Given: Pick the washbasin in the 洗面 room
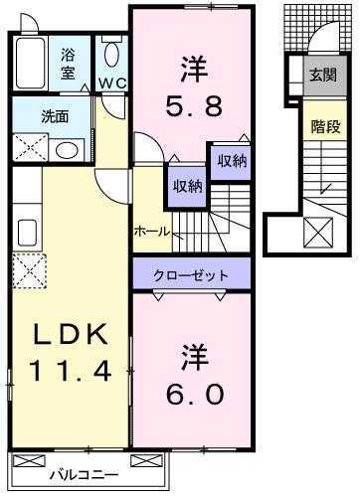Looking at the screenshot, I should (x=68, y=151).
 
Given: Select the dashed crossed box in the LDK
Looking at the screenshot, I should (x=27, y=269).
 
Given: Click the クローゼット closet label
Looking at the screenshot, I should (x=191, y=274).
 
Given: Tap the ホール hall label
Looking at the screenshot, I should (x=153, y=232).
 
